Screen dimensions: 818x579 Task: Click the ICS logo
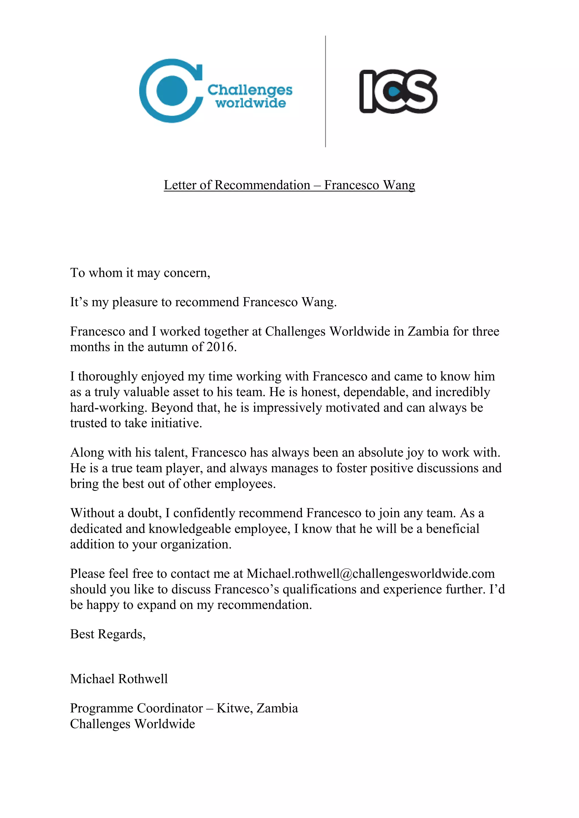coord(398,91)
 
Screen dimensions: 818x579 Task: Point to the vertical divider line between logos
coord(325,91)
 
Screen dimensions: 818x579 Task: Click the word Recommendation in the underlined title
coord(262,185)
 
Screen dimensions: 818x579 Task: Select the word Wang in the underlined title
coord(399,185)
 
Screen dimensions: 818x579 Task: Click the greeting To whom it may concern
coord(140,273)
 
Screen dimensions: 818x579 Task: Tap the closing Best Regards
coord(108,634)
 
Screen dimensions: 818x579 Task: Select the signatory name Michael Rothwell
coord(119,679)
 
